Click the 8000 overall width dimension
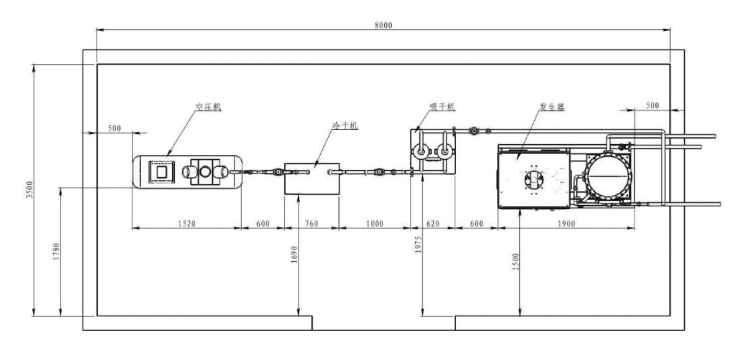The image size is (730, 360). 384,25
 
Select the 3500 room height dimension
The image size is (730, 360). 30,190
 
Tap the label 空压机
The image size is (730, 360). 208,107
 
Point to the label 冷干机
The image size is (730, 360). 345,125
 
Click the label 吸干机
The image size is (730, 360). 442,107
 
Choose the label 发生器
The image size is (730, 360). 552,107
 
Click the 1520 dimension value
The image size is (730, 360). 187,224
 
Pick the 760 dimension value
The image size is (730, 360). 312,224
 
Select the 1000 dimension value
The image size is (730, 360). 374,224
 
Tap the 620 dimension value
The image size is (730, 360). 433,224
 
